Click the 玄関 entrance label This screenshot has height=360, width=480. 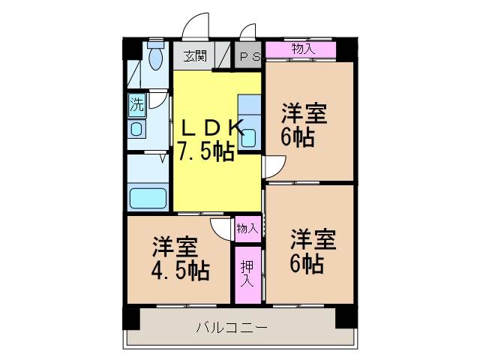pyautogui.click(x=195, y=55)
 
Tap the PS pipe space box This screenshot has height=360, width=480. pyautogui.click(x=248, y=55)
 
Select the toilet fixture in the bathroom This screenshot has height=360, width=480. pyautogui.click(x=156, y=55)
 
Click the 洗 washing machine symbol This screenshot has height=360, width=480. pyautogui.click(x=136, y=105)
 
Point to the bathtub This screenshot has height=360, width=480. pyautogui.click(x=148, y=198)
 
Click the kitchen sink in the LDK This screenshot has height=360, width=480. pyautogui.click(x=249, y=138)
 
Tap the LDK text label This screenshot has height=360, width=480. pyautogui.click(x=212, y=128)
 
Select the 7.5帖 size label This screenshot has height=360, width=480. pyautogui.click(x=205, y=151)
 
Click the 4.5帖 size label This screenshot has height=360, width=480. pyautogui.click(x=181, y=270)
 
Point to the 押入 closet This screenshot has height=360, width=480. pyautogui.click(x=248, y=274)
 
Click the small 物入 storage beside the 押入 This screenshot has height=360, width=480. pyautogui.click(x=248, y=229)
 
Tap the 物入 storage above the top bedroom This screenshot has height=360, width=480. pyautogui.click(x=301, y=49)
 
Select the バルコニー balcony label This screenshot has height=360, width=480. pyautogui.click(x=232, y=328)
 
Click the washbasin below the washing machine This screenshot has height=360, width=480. pyautogui.click(x=136, y=129)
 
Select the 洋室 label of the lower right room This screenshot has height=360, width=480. pyautogui.click(x=313, y=239)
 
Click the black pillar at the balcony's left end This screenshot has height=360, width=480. pyautogui.click(x=132, y=318)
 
